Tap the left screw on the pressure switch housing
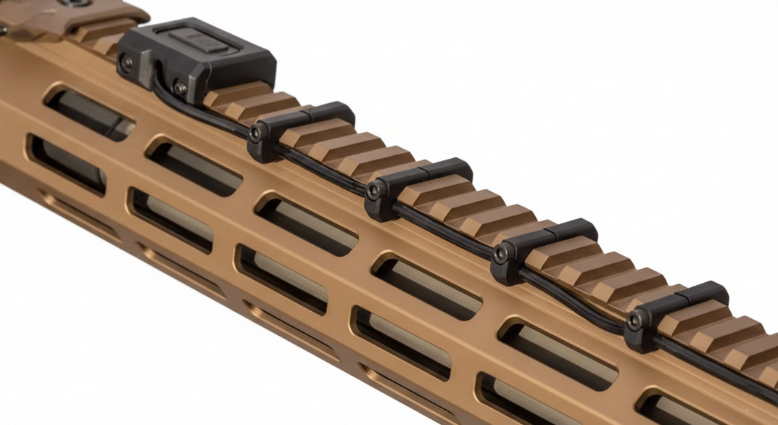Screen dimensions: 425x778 [x=127, y=63]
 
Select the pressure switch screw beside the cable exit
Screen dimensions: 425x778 [x=179, y=88]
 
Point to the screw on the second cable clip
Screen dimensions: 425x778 [x=373, y=191]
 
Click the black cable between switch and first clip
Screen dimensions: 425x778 [x=203, y=116]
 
